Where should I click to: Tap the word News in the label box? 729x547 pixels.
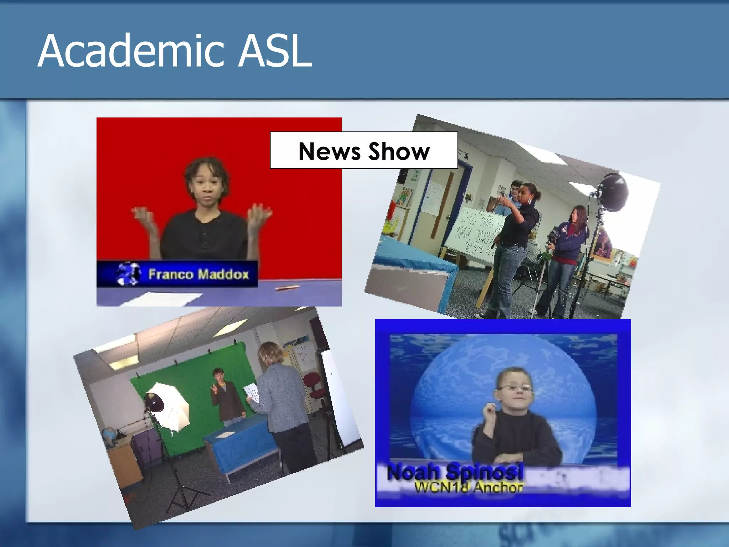(329, 151)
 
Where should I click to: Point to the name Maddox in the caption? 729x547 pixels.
(223, 275)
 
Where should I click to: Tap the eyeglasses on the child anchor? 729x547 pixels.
(514, 389)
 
